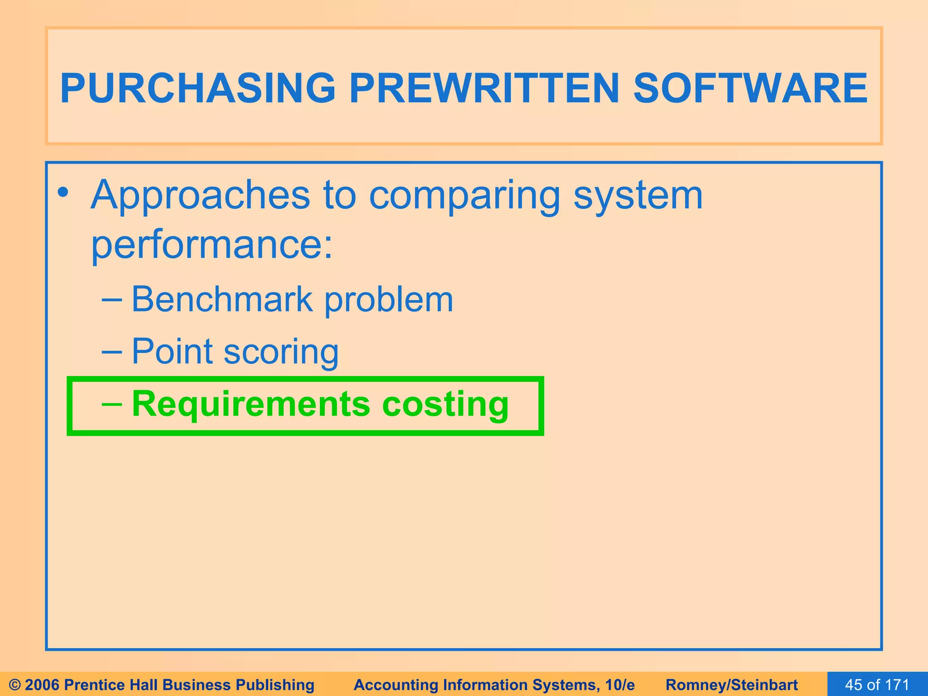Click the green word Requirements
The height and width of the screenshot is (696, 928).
point(251,404)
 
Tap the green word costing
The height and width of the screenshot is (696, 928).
point(445,404)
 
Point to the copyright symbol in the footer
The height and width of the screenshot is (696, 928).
point(14,685)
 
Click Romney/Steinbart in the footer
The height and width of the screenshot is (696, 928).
point(732,685)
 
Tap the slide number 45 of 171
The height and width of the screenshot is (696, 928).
point(877,685)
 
